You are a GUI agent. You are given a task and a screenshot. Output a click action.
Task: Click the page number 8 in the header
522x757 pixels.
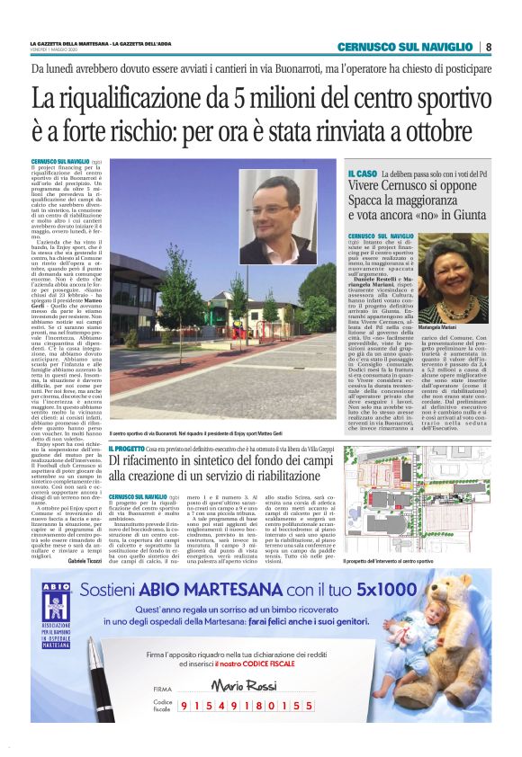tap(488, 47)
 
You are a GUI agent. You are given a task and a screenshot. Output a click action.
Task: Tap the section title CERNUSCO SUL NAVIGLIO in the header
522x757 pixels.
tap(405, 47)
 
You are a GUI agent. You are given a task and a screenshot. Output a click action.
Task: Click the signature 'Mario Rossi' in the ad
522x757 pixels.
tap(237, 684)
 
